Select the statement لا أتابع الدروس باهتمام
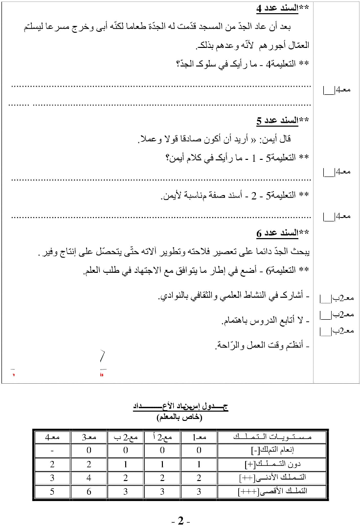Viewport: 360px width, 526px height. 262,321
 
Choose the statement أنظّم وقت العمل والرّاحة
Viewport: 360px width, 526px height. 259,346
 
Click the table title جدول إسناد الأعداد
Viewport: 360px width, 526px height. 181,407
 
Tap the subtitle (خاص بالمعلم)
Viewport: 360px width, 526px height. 180,418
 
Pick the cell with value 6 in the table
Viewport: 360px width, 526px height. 89,492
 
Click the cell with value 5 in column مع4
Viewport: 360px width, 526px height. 52,492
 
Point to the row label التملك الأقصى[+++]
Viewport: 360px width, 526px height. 272,492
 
